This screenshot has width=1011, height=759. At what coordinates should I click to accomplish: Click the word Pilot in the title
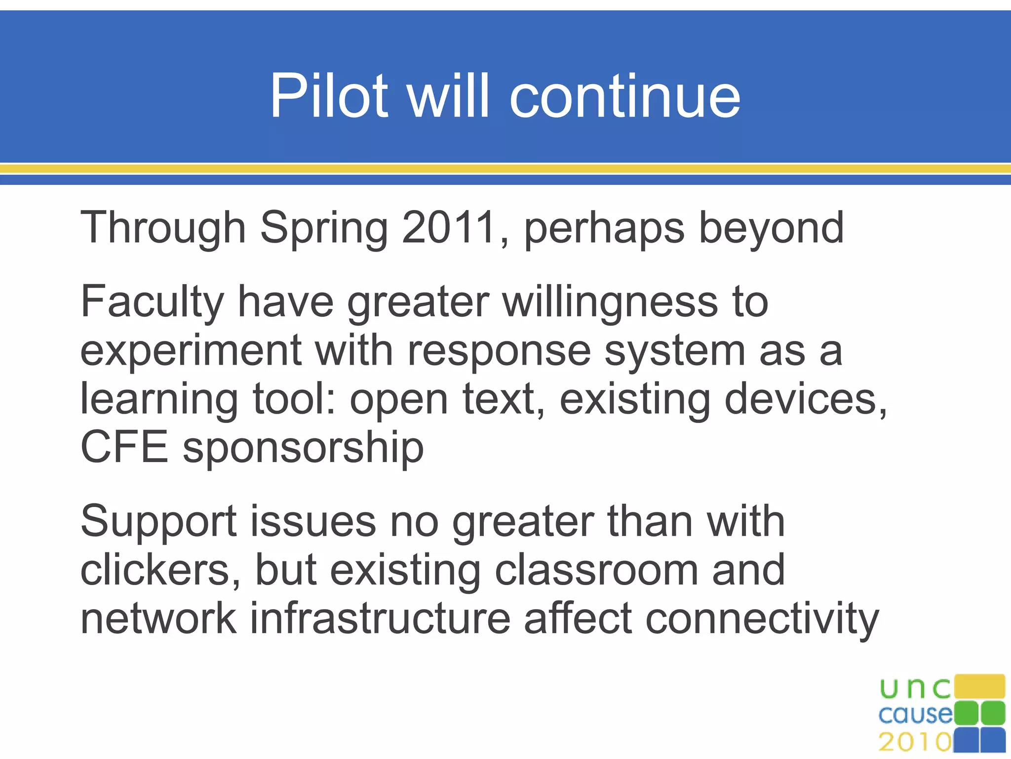click(x=329, y=96)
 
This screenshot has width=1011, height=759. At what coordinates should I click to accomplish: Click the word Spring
click(x=324, y=228)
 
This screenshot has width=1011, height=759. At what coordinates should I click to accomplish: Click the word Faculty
click(x=153, y=302)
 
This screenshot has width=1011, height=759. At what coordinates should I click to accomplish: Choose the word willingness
click(x=610, y=302)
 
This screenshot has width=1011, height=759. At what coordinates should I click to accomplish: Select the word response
click(x=499, y=351)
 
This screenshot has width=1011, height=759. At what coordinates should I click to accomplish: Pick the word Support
click(x=158, y=522)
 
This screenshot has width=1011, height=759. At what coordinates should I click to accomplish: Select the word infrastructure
click(x=380, y=618)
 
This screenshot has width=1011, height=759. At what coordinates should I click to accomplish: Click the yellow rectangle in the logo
click(x=979, y=686)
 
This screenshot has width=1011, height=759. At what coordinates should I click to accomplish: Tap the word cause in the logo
click(x=915, y=714)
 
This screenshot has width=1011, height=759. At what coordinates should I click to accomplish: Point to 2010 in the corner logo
click(x=915, y=742)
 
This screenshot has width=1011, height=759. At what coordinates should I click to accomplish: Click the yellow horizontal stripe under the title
click(x=505, y=169)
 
